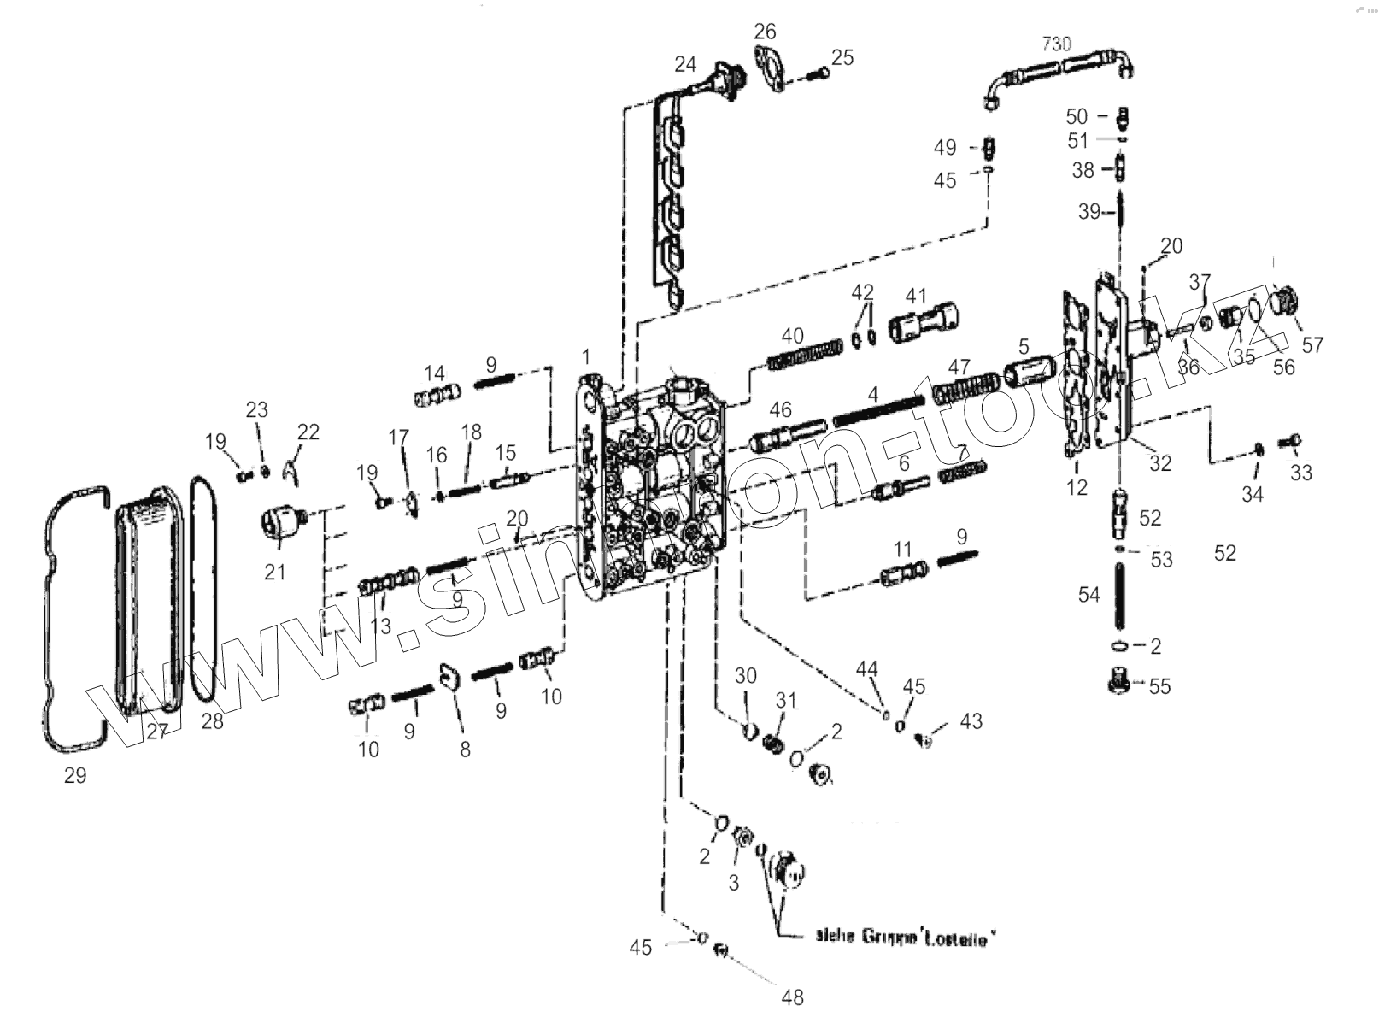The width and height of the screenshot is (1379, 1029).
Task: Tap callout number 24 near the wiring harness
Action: (x=685, y=64)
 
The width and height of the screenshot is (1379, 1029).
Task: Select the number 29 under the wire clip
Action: (x=75, y=775)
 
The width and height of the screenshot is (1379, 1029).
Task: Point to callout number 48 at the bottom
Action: (x=792, y=997)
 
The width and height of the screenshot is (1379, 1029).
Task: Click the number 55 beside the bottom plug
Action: (x=1159, y=686)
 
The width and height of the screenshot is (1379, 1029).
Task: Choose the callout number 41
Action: (x=916, y=297)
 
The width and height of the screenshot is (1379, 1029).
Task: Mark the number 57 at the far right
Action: (x=1312, y=345)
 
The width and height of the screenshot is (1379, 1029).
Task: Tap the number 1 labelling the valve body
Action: (x=586, y=356)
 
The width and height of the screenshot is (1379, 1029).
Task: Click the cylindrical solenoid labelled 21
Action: (x=282, y=521)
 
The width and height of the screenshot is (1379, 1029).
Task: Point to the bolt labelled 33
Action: (x=1288, y=442)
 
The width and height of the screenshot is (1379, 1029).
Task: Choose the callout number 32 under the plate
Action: (x=1159, y=463)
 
